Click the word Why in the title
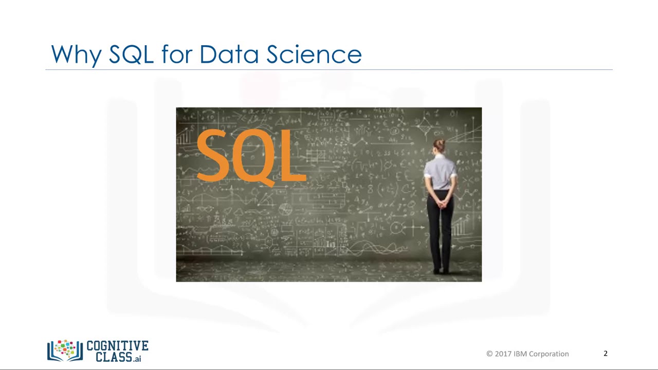(76, 54)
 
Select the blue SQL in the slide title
(131, 54)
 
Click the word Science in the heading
(314, 54)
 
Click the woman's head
(439, 146)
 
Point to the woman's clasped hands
(441, 202)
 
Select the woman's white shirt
(440, 172)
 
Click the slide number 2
(606, 354)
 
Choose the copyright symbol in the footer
(489, 354)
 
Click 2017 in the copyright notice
(503, 354)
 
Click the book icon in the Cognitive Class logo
(65, 350)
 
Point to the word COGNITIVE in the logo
(118, 346)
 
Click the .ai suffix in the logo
(137, 359)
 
